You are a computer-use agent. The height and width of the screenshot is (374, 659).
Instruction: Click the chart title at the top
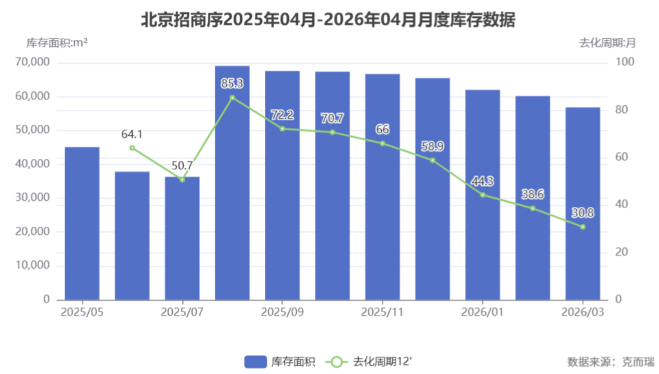click(x=328, y=20)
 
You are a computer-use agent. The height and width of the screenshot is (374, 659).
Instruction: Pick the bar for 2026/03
click(x=583, y=204)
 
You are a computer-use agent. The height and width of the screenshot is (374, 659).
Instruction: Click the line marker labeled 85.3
click(x=232, y=98)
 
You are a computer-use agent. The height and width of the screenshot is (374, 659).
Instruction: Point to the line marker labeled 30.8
click(x=583, y=227)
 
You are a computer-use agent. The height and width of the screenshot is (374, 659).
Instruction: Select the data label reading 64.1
click(x=132, y=134)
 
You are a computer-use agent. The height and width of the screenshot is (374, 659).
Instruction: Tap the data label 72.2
click(x=283, y=115)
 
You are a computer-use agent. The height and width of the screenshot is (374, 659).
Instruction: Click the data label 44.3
click(x=483, y=181)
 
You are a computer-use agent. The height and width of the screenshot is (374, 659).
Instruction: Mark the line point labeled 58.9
click(x=432, y=160)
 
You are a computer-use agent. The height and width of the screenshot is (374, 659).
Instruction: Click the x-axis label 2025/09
click(x=283, y=312)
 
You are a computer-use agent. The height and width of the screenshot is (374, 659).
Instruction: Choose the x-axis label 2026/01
click(x=483, y=312)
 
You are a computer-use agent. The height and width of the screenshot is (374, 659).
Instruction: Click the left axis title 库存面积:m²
click(x=56, y=43)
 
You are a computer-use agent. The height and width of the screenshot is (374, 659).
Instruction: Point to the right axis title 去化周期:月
click(x=607, y=43)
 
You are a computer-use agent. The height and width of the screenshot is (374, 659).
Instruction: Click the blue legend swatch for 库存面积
click(x=255, y=361)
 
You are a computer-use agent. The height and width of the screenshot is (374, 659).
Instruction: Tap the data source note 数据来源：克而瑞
click(x=610, y=361)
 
